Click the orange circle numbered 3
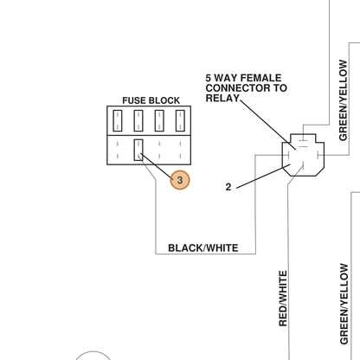180,180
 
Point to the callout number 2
228,187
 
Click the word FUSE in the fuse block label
134,100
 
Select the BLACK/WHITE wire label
203,248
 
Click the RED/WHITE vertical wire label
283,299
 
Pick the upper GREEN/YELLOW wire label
343,100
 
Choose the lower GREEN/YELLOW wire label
344,304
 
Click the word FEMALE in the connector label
260,78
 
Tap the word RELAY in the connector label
222,98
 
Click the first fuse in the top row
118,120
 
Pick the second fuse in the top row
138,120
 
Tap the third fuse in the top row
159,120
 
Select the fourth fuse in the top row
180,120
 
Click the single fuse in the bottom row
138,150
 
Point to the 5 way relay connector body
303,155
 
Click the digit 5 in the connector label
209,78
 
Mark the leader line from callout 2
263,177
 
